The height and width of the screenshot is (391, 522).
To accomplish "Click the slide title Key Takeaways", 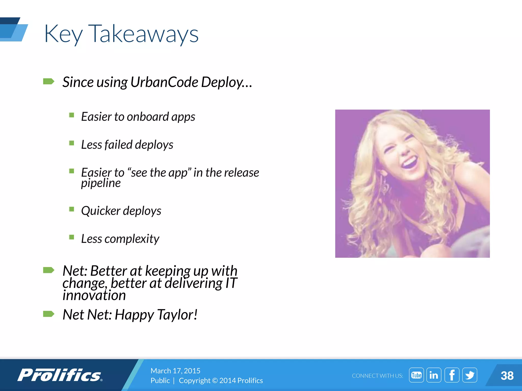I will (121, 34).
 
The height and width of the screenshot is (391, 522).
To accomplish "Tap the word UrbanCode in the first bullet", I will (164, 82).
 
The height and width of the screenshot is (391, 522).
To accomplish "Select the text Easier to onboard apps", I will (138, 117).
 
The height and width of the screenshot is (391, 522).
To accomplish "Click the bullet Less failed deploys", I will (127, 145).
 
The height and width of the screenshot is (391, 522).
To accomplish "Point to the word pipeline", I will (101, 183).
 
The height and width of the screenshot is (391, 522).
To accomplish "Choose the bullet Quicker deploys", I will (121, 211).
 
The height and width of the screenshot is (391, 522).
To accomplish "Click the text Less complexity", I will (120, 239).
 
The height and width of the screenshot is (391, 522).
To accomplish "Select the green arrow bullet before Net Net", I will (49, 314).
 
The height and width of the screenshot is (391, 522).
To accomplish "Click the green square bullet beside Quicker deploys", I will (72, 209).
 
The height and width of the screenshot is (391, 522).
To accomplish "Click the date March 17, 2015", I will (175, 371).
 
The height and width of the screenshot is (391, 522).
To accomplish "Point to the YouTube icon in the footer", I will (416, 375).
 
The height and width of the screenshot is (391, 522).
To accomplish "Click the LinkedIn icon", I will (434, 375).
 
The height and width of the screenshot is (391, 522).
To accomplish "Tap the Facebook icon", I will (452, 375).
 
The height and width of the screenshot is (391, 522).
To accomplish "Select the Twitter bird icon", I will (469, 375).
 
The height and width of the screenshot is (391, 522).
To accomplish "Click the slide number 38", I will (507, 376).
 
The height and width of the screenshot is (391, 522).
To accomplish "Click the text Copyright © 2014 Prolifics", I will (221, 381).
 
